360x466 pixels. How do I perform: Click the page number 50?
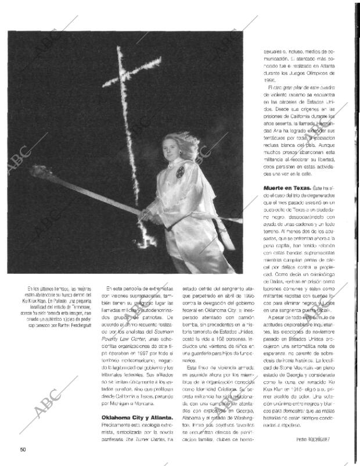click(x=23, y=448)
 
